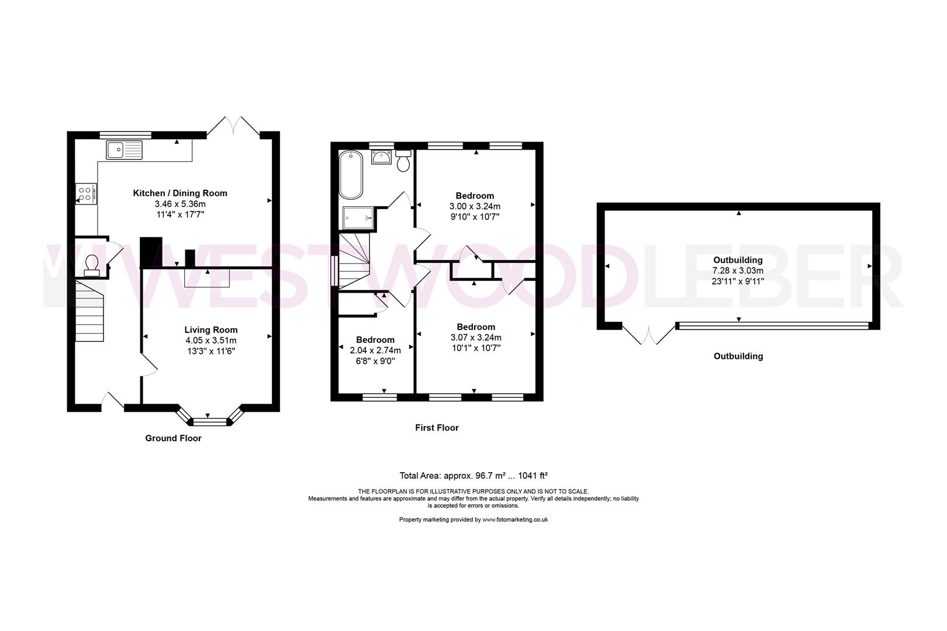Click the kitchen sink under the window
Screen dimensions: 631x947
[124, 150]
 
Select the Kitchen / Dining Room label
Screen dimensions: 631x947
[180, 193]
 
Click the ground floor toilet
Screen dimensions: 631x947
[92, 265]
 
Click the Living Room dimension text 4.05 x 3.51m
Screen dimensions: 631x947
[211, 341]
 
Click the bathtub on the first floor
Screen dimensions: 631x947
[351, 175]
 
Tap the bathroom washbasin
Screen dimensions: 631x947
[382, 156]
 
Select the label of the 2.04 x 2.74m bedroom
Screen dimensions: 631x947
[375, 340]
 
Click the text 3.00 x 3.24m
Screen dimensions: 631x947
[475, 206]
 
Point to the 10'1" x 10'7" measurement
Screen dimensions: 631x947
[476, 348]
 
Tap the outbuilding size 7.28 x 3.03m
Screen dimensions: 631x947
[738, 271]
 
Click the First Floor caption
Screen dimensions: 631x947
[437, 428]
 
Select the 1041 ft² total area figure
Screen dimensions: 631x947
[528, 476]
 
